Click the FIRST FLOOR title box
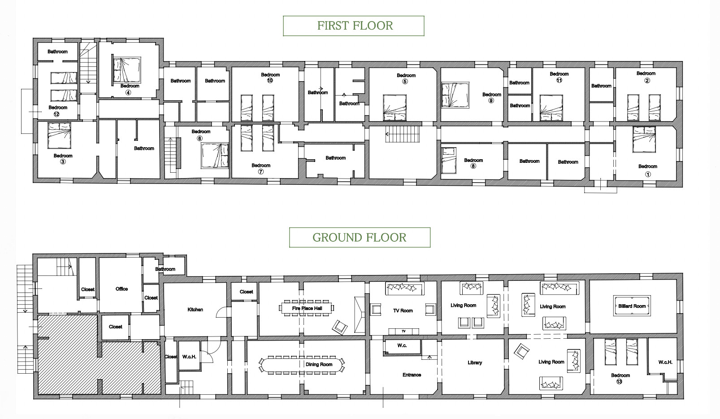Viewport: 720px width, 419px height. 354,26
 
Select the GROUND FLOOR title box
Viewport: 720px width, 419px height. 360,237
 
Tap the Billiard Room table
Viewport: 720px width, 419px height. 632,306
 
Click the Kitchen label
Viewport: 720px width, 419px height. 195,310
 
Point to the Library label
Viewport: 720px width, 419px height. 475,363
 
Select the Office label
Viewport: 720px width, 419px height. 121,289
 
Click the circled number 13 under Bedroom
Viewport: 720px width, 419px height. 619,382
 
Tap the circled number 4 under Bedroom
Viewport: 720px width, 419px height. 128,92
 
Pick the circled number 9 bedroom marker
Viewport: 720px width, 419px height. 491,100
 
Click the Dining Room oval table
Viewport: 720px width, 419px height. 301,365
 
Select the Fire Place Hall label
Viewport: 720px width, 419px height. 307,308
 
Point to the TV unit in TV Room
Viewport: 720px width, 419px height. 404,331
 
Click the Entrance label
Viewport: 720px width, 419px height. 412,375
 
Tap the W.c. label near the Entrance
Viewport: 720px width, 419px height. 402,345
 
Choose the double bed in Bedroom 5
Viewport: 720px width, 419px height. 395,108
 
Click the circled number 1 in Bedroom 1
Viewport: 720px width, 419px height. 648,175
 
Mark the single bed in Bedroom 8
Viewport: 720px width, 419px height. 449,161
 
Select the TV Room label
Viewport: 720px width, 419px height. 403,310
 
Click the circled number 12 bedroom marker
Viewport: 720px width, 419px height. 56,114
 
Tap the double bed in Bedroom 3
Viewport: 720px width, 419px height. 60,135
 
